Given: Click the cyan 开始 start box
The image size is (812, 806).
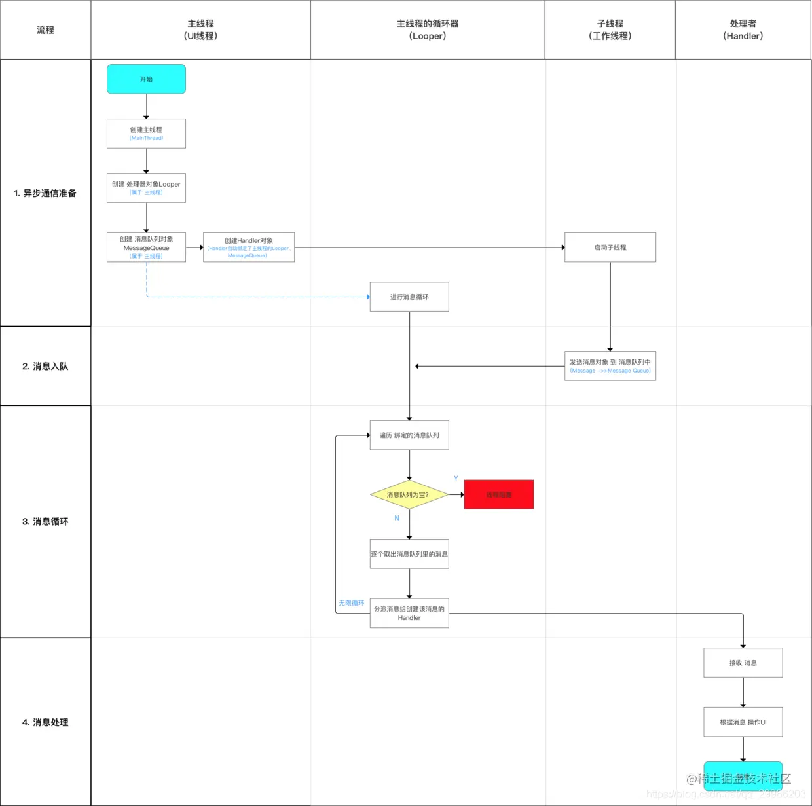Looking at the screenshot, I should click(x=146, y=79).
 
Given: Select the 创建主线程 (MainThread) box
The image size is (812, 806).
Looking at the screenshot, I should click(x=146, y=134).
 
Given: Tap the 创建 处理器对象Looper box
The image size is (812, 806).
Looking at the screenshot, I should click(x=146, y=188).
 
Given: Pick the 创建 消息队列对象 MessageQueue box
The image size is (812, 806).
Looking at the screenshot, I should click(x=146, y=247).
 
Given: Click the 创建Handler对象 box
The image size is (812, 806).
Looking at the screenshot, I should click(x=249, y=247).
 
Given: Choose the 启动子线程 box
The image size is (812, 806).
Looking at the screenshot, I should click(x=610, y=247).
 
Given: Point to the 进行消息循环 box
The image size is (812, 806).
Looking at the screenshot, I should click(x=409, y=297).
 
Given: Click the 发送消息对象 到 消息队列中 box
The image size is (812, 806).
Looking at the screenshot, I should click(x=610, y=366).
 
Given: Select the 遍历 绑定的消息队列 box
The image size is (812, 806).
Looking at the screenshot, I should click(x=409, y=435).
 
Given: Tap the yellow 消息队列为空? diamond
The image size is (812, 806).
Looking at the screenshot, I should click(x=409, y=495).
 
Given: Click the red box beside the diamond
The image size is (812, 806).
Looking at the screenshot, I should click(x=499, y=495).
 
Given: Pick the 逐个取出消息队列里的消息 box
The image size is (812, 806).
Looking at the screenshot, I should click(x=409, y=554).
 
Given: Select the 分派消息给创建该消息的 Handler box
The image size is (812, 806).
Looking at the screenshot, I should click(x=409, y=614).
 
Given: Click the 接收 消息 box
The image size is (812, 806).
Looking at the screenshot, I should click(x=743, y=663).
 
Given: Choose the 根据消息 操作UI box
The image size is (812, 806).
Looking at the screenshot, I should click(x=743, y=722).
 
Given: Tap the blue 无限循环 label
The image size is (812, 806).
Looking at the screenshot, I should click(x=352, y=603).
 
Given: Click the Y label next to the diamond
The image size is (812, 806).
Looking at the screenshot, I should click(x=456, y=479).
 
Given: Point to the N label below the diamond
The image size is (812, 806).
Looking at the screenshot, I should click(x=397, y=518).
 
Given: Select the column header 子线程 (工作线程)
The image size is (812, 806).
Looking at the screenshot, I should click(x=610, y=30).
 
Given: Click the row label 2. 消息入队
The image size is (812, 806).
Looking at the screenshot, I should click(x=45, y=367).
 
